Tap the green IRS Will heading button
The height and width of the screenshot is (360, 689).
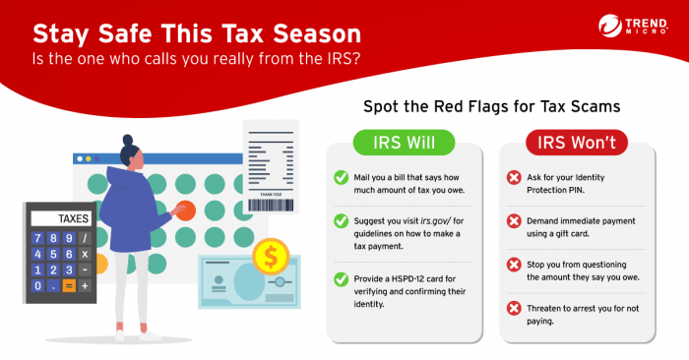405,144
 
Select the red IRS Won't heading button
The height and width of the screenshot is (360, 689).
576,144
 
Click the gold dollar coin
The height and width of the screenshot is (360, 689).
269,259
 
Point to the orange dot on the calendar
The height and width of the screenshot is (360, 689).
185,210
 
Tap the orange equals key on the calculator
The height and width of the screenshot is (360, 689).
68,285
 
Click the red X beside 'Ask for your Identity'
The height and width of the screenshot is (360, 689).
514,178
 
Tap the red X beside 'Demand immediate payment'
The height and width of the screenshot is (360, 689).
514,221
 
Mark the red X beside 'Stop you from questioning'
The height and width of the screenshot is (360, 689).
514,265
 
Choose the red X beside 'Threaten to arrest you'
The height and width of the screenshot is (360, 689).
514,308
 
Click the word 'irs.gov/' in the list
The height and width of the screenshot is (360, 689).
439,219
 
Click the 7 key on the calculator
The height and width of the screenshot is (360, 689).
38,239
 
